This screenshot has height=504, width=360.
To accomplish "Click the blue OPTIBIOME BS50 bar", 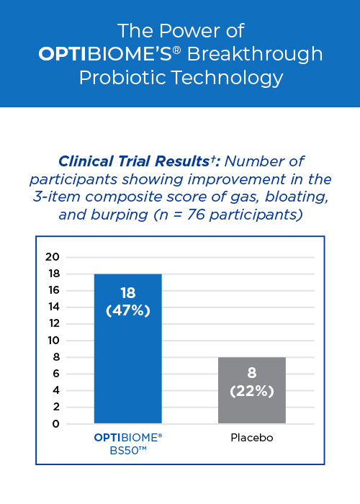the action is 128,348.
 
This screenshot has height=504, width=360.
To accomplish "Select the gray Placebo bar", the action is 252,390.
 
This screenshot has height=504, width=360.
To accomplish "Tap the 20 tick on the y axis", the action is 53,257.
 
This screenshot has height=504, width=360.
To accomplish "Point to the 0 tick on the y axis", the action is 56,424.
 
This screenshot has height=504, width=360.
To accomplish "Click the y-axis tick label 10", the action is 54,341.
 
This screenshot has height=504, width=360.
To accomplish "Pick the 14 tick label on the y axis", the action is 54,307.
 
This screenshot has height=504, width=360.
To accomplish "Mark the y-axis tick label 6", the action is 56,374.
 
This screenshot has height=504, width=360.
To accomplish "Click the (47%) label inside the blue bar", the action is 128,311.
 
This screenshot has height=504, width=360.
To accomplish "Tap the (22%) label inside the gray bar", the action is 252,391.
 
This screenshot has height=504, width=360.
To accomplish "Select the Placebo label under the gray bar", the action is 252,438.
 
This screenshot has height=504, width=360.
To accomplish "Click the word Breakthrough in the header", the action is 255,54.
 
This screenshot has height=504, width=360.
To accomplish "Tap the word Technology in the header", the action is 228,78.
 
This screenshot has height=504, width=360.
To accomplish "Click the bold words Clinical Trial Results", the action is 134,161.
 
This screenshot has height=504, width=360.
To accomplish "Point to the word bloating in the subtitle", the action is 297,197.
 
